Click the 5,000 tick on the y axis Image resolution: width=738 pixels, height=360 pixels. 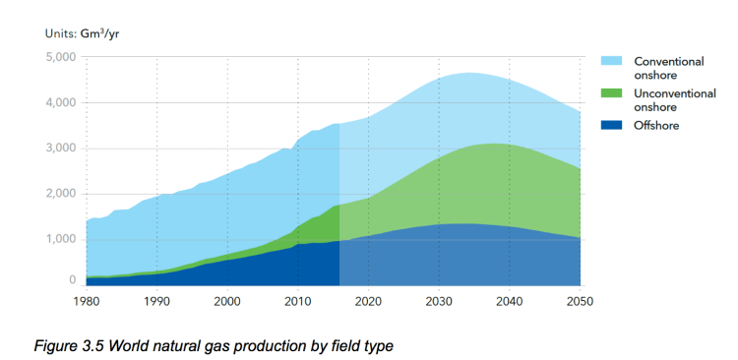61,57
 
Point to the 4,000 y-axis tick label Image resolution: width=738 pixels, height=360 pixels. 61,102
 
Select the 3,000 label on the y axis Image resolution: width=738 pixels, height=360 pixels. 61,149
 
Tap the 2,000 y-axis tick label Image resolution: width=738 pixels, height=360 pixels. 61,194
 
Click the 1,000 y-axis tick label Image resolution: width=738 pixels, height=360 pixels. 61,239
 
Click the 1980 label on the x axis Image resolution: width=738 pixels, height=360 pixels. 87,302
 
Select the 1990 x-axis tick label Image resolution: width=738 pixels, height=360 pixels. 157,302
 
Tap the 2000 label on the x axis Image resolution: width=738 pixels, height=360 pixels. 227,302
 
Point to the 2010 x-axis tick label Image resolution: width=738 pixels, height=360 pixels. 298,302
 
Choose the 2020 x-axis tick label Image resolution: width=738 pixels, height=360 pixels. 368,302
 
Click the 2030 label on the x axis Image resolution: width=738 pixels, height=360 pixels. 439,302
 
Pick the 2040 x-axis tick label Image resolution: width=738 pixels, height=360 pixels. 509,302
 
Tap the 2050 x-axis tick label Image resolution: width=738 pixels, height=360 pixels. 580,302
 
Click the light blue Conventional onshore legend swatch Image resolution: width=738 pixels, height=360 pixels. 612,61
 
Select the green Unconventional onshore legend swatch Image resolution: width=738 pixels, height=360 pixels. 612,93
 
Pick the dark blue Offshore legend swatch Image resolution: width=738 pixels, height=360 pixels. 612,126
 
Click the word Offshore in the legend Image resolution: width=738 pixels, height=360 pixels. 656,126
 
